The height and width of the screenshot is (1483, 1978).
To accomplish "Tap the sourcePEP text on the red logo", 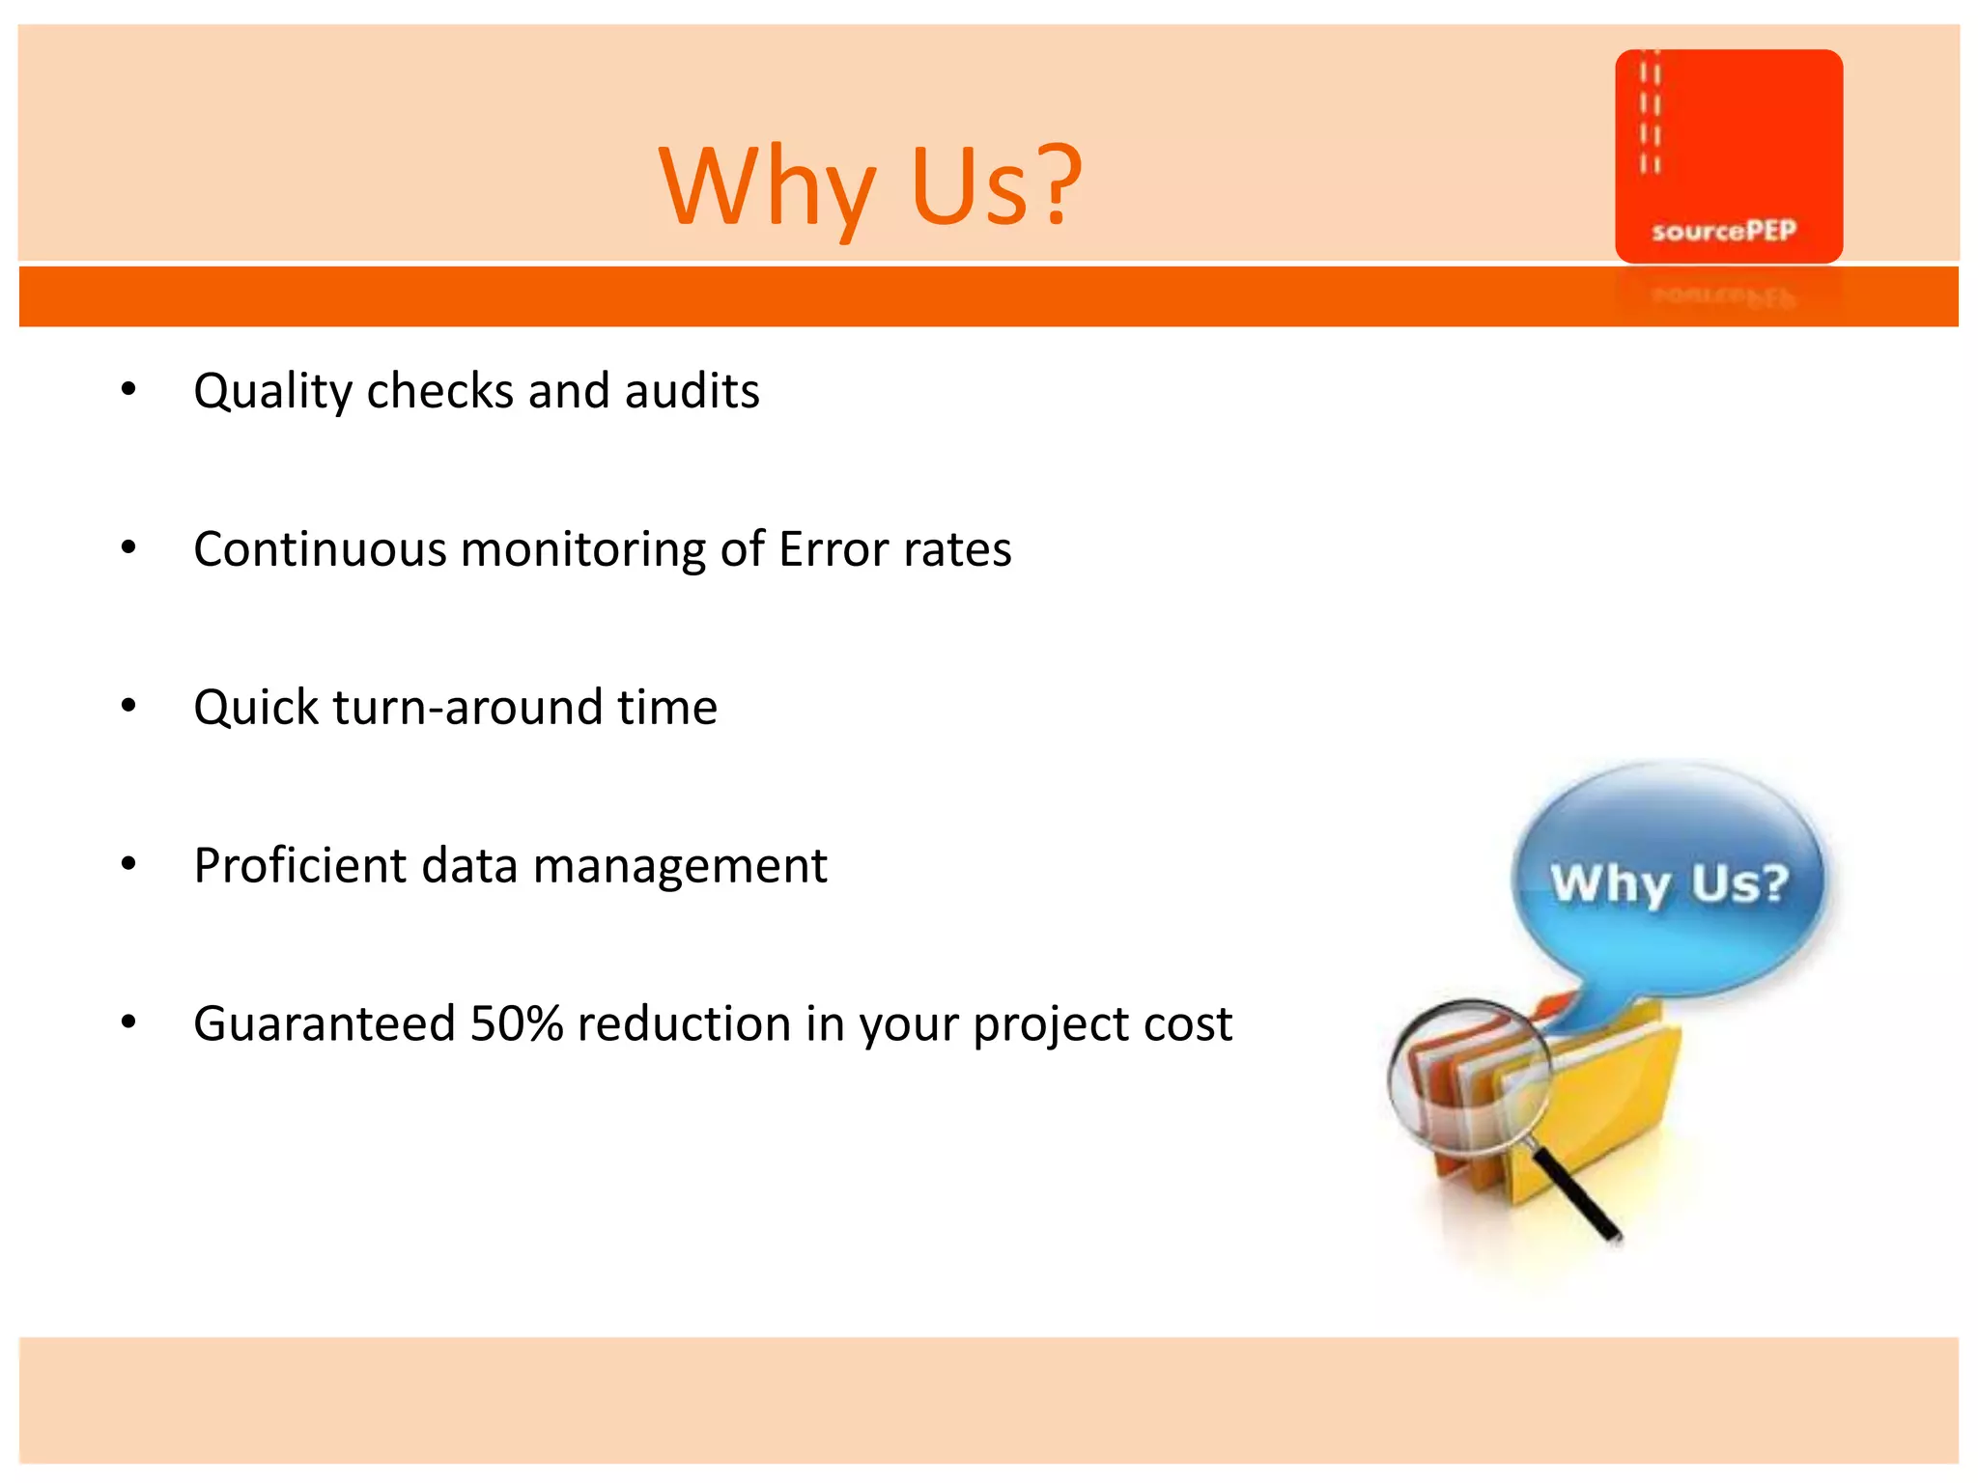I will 1724,231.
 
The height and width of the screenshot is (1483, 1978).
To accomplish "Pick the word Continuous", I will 320,549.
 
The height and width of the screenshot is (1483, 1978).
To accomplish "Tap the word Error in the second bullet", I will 833,549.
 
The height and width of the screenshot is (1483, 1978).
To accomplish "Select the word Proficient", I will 298,866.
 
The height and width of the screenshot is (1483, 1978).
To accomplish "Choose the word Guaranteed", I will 324,1023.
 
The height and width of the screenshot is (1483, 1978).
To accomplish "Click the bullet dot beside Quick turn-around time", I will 128,707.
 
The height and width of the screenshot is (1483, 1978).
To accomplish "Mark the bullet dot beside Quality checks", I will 128,390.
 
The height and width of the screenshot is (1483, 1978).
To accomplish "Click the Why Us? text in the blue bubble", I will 1670,882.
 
